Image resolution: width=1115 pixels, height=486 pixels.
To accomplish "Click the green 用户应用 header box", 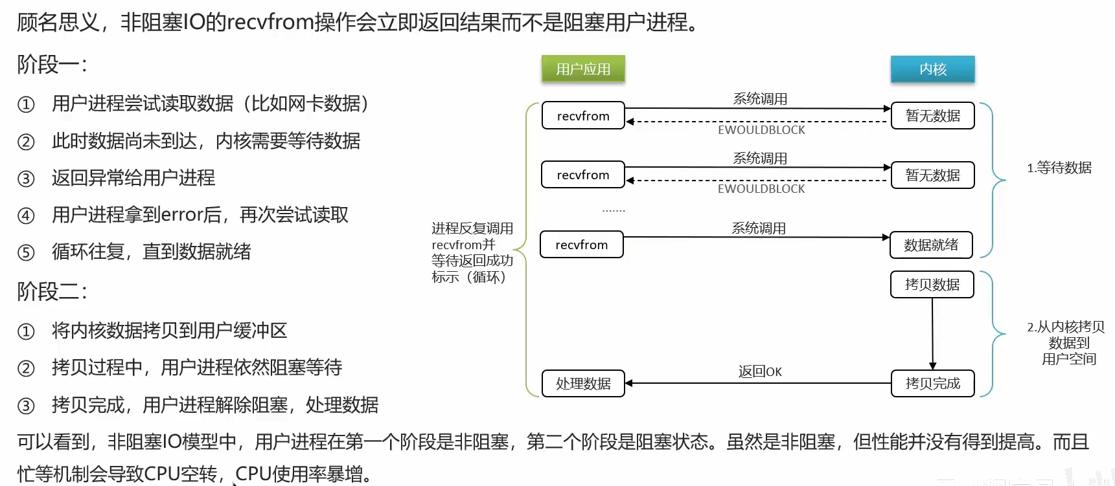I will coord(583,69).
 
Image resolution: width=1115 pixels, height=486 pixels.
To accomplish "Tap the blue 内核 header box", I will coord(932,69).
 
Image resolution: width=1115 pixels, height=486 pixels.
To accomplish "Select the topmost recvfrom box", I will coord(583,116).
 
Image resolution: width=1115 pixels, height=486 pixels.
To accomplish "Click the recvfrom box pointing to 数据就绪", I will coord(581,245).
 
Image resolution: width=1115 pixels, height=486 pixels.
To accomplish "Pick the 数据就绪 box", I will coord(931,245).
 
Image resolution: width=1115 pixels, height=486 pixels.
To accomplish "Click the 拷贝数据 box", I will coord(932,285).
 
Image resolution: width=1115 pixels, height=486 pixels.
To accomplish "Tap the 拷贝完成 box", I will coord(932,383).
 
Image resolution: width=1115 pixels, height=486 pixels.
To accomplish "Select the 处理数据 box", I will coord(583,384).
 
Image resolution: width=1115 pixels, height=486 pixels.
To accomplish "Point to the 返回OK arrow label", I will coord(760,371).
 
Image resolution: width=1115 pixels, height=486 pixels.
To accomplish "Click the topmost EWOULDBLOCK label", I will coord(761,130).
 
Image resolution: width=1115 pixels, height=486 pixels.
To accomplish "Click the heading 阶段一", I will coord(52,65).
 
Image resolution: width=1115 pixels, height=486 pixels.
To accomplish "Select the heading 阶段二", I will coord(52,291).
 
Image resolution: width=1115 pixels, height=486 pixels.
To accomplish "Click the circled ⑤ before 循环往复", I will coord(26,252).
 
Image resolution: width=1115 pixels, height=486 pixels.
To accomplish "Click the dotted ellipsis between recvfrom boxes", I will coord(613,210).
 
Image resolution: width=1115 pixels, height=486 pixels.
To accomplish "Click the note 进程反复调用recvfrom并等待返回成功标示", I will coord(472,252).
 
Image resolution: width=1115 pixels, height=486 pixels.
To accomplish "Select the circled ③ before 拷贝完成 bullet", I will coord(26,406).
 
